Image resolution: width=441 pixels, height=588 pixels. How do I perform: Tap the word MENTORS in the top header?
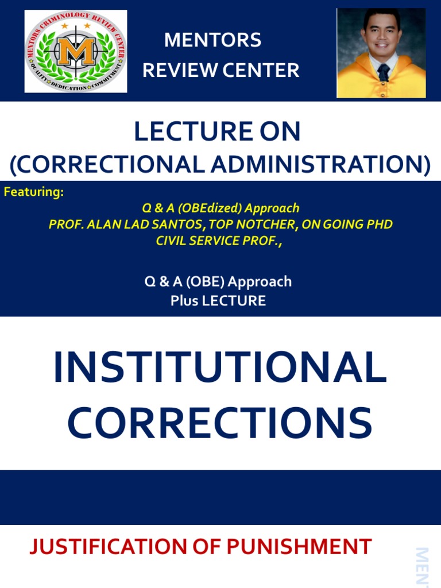click(212, 40)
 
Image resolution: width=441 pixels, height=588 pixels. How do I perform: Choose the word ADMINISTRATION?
click(319, 165)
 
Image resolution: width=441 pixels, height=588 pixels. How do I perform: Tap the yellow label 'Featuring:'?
click(33, 192)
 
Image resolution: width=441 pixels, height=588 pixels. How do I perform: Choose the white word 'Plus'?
click(183, 300)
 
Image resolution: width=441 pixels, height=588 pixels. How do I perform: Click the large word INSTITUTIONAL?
click(220, 369)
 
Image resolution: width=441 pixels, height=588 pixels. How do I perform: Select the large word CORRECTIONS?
click(220, 424)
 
